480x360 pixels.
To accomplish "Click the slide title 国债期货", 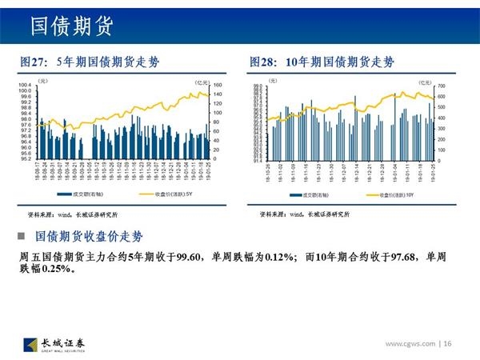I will pos(71,26).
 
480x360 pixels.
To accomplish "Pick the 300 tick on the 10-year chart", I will pos(441,128).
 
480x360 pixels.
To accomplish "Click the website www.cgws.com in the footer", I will pos(410,344).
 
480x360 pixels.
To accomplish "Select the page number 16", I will pos(447,344).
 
